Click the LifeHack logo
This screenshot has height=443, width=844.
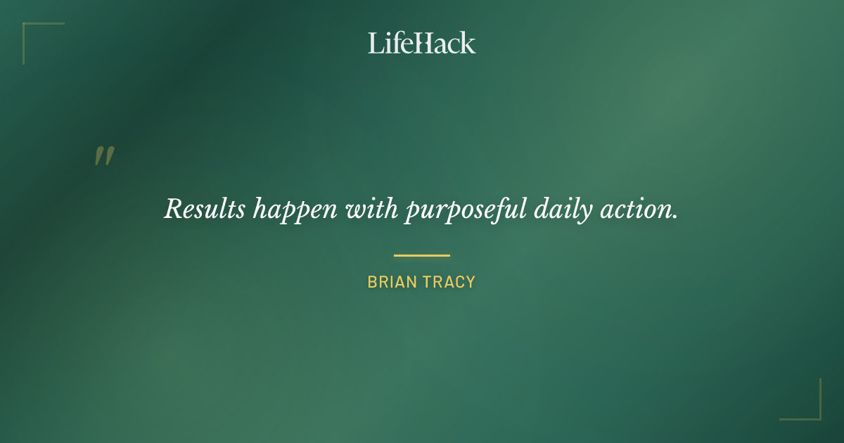click(x=422, y=43)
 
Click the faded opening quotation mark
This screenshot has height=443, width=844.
click(x=104, y=156)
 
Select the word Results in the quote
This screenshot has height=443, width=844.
click(x=205, y=210)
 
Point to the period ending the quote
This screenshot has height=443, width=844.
click(x=675, y=217)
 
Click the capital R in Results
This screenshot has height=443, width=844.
click(x=173, y=209)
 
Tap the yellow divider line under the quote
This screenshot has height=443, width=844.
click(x=422, y=255)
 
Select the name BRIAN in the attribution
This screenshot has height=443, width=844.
click(x=391, y=282)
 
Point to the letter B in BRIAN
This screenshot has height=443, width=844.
click(x=372, y=282)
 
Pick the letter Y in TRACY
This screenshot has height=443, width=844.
click(x=471, y=282)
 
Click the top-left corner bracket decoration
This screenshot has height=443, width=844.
click(x=28, y=28)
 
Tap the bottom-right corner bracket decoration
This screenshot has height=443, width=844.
click(x=815, y=414)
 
